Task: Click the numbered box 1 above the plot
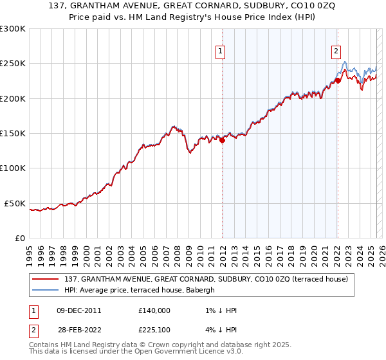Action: pyautogui.click(x=221, y=53)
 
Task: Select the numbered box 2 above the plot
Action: pyautogui.click(x=336, y=53)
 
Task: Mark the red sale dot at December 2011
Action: pyautogui.click(x=222, y=140)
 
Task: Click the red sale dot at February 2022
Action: pyautogui.click(x=338, y=81)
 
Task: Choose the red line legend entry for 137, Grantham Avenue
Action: pyautogui.click(x=206, y=279)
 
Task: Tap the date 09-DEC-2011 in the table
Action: pyautogui.click(x=79, y=310)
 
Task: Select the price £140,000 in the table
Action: pyautogui.click(x=154, y=310)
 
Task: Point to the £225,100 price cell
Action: pyautogui.click(x=154, y=330)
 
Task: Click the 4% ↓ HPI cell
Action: pyautogui.click(x=223, y=330)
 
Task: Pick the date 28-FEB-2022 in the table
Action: pyautogui.click(x=79, y=330)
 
